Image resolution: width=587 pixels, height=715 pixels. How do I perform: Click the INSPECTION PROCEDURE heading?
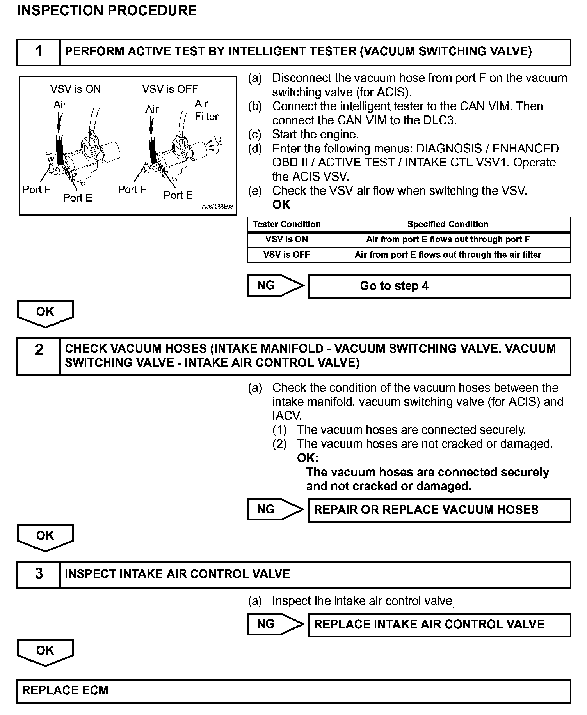[x=107, y=11]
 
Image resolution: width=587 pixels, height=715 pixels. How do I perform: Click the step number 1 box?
[x=39, y=51]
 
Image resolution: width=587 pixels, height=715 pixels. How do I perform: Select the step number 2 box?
[x=39, y=356]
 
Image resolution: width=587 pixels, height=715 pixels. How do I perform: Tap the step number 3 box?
[x=39, y=574]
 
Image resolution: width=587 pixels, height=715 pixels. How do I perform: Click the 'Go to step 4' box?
[x=439, y=287]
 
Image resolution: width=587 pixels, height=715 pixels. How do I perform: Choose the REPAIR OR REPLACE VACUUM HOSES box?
[x=439, y=510]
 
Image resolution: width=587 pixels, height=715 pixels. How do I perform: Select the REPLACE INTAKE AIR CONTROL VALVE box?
[x=439, y=625]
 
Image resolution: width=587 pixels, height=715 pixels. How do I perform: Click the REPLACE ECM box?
[x=293, y=690]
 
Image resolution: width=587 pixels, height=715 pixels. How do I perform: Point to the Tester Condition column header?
[x=286, y=224]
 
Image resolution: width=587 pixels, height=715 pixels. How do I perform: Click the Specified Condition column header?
[x=448, y=224]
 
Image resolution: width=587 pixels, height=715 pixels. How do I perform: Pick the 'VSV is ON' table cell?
[x=286, y=239]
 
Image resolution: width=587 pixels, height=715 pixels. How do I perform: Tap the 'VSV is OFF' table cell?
[x=286, y=255]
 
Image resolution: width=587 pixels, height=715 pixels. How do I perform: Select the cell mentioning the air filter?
[x=448, y=255]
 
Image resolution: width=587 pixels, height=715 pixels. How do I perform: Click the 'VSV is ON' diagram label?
[x=75, y=89]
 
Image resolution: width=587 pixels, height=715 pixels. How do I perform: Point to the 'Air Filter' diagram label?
[x=206, y=110]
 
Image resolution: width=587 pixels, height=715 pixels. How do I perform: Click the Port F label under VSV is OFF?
[x=132, y=189]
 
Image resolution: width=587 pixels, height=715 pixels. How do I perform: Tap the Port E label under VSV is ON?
[x=78, y=198]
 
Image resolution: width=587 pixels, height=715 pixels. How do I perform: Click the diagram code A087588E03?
[x=217, y=207]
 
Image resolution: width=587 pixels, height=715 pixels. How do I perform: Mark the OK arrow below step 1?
[x=45, y=313]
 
